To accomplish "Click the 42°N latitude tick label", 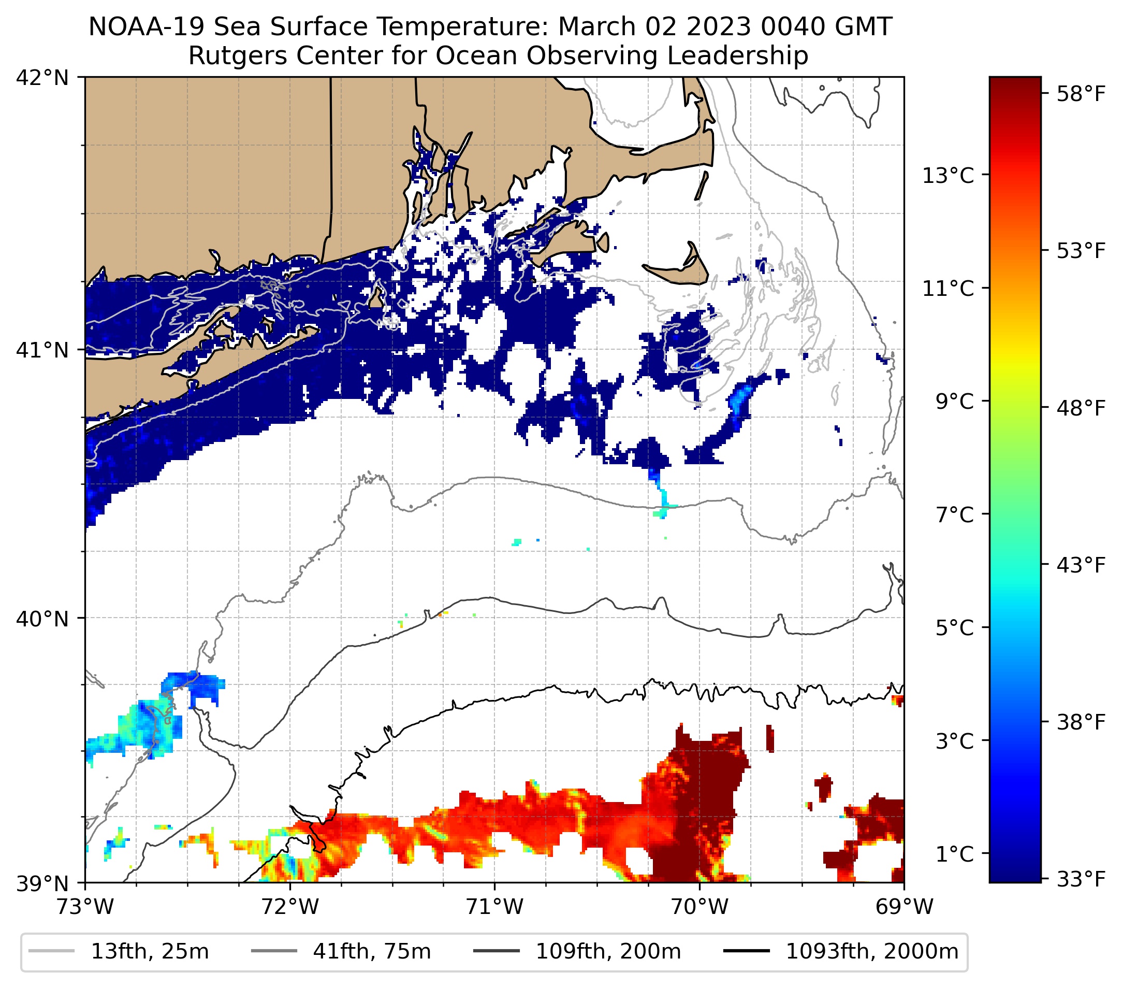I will (x=42, y=78).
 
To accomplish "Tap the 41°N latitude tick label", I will (x=42, y=350).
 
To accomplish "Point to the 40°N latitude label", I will (x=42, y=619).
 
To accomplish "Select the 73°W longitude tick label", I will (x=85, y=907).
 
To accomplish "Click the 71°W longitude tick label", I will (x=494, y=907).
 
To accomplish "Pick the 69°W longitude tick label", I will (x=904, y=907).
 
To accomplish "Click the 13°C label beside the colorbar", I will (x=948, y=176).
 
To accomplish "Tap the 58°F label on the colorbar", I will (x=1081, y=94).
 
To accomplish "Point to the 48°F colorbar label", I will (x=1081, y=408).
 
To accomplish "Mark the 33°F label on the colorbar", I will (x=1081, y=879).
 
